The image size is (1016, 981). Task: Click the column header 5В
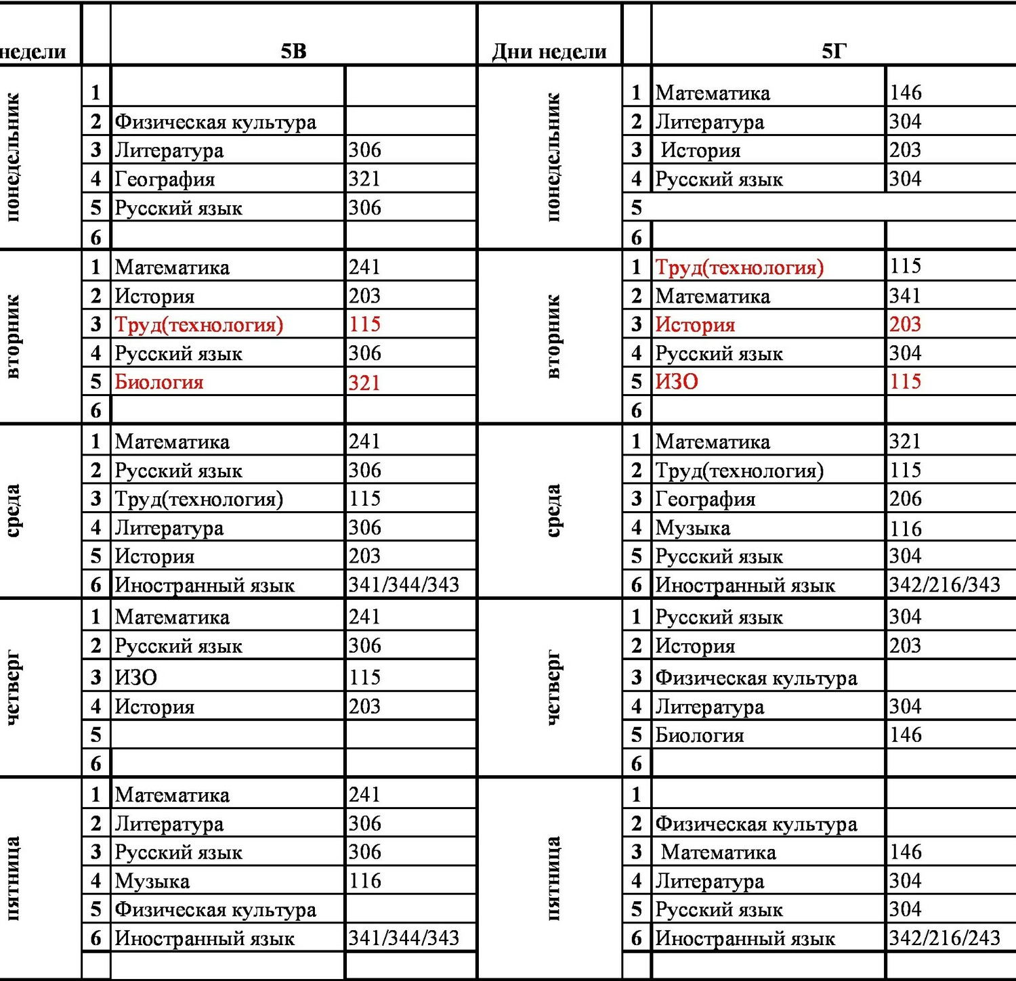pos(293,51)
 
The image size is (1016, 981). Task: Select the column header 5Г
pos(834,51)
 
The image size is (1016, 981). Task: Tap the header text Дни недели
pos(549,51)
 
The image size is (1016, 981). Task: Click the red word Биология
pos(159,382)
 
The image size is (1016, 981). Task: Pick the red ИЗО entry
pos(677,382)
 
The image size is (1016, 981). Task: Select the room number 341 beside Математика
pos(906,296)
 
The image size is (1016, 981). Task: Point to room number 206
pos(906,499)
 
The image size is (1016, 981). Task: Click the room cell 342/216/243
pos(944,938)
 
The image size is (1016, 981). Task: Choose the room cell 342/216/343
pos(944,584)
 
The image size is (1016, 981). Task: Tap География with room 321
pos(165,179)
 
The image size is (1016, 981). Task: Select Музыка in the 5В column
pos(152,881)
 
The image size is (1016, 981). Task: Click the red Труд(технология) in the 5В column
pos(198,325)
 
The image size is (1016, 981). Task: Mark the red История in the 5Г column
pos(695,325)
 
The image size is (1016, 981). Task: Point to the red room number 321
pos(364,383)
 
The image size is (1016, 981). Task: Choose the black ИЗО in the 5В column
pos(136,677)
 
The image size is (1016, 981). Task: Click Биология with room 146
pos(700,735)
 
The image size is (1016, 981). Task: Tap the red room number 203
pos(906,324)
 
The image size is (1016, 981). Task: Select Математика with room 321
pos(713,442)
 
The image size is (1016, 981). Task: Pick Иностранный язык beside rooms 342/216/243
pos(745,938)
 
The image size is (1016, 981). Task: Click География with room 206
pos(705,500)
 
